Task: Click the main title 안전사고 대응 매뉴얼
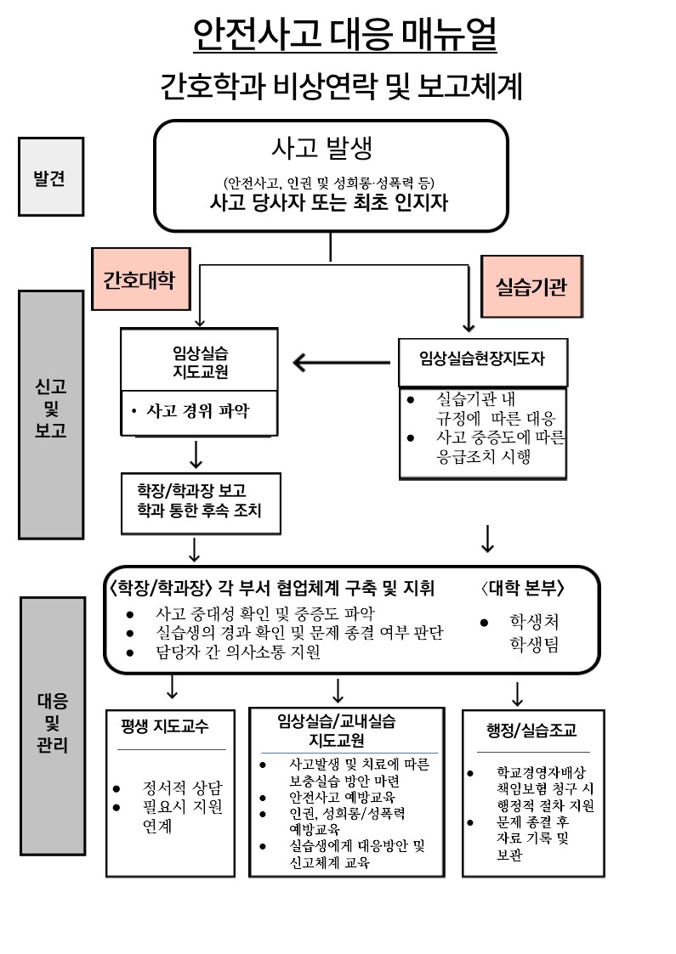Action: (344, 35)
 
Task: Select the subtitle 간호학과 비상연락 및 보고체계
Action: (340, 87)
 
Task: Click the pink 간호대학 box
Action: (139, 280)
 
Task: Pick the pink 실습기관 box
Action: (531, 286)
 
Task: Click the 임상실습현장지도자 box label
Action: (482, 358)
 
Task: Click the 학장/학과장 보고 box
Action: (201, 501)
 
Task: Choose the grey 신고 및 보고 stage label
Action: (51, 408)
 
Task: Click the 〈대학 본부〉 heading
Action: (522, 589)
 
